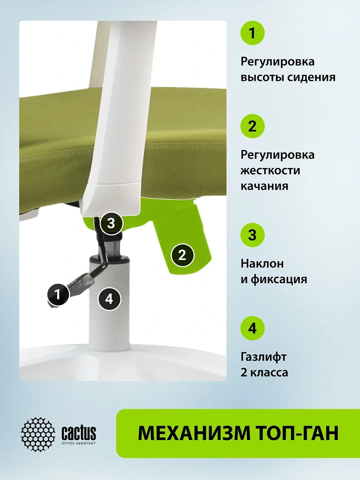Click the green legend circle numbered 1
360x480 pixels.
pyautogui.click(x=252, y=33)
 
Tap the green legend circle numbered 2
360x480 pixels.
pyautogui.click(x=252, y=126)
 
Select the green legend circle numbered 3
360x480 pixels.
pyautogui.click(x=252, y=235)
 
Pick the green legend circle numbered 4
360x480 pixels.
pyautogui.click(x=252, y=328)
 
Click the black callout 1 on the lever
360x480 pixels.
pyautogui.click(x=58, y=294)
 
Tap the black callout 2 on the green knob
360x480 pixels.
pyautogui.click(x=182, y=255)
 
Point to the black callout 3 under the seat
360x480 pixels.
pyautogui.click(x=111, y=224)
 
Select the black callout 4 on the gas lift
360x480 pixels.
pyautogui.click(x=109, y=299)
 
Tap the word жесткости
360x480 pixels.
pyautogui.click(x=270, y=170)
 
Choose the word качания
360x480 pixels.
pyautogui.click(x=264, y=186)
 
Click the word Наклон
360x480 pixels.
pyautogui.click(x=262, y=264)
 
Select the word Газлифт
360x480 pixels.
pyautogui.click(x=263, y=357)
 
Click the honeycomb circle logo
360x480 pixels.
pyautogui.click(x=38, y=434)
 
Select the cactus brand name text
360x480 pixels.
pyautogui.click(x=78, y=432)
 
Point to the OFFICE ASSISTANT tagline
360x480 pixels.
pyautogui.click(x=79, y=443)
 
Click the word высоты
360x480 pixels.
pyautogui.click(x=262, y=78)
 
